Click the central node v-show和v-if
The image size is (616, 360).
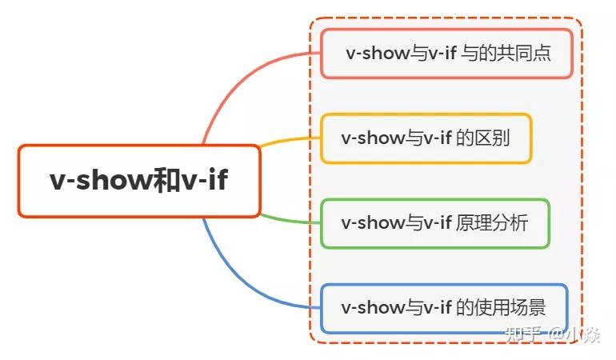point(139,181)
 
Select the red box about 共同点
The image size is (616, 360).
point(447,54)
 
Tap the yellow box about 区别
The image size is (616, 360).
point(426,138)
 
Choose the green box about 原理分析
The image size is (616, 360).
point(434,223)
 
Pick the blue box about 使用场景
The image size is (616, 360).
point(444,308)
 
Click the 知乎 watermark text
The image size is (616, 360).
point(524,334)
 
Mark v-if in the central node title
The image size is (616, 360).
point(205,181)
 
